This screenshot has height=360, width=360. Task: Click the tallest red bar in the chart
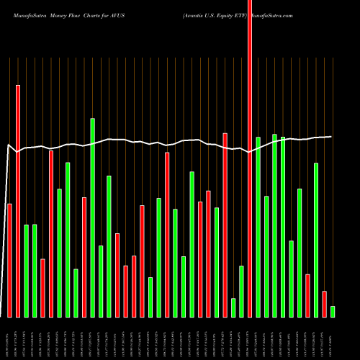tap(250, 158)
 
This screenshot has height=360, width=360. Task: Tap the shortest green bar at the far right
tap(333, 312)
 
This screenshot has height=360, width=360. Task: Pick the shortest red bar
tap(324, 304)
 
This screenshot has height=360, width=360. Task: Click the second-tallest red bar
tap(18, 201)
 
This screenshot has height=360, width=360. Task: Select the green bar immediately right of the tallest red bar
tap(258, 227)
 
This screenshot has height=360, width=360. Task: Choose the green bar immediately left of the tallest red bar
tap(241, 292)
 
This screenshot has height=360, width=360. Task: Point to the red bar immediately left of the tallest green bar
tap(84, 257)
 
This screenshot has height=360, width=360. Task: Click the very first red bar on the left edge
tap(9, 260)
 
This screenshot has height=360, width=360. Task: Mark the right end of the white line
tap(331, 137)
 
